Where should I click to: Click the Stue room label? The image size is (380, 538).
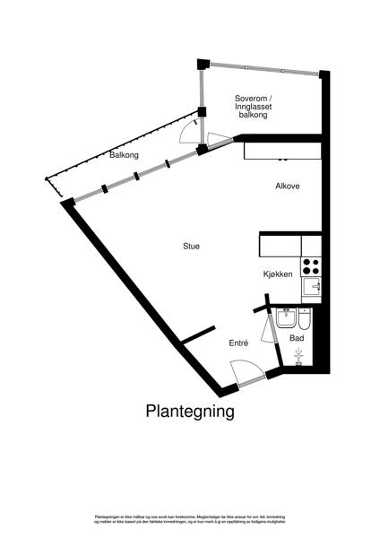[191, 246]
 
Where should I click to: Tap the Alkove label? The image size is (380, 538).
[287, 186]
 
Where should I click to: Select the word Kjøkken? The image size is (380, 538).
[278, 274]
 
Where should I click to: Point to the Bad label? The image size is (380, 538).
[297, 338]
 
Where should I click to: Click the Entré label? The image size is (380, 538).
[237, 343]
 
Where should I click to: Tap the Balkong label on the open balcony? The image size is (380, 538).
[124, 155]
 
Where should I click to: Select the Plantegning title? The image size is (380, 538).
[190, 412]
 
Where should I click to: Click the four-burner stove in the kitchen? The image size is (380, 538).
[311, 266]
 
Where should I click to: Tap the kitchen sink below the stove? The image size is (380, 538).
[311, 287]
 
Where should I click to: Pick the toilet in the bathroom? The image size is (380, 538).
[304, 321]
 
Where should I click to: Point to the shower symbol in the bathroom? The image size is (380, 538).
[299, 356]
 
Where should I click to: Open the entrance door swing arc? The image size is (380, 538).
[242, 370]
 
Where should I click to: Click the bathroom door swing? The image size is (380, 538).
[268, 333]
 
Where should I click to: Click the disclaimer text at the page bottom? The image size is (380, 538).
[190, 519]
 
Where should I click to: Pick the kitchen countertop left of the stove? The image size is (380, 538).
[281, 245]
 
